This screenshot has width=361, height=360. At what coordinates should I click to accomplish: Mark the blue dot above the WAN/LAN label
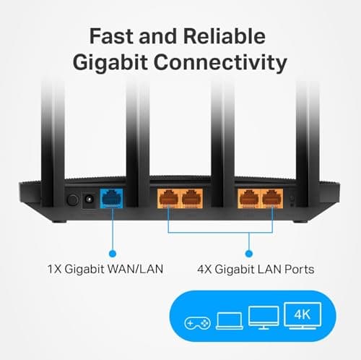click(112, 253)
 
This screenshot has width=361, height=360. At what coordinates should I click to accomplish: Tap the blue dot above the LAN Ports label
click(248, 253)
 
